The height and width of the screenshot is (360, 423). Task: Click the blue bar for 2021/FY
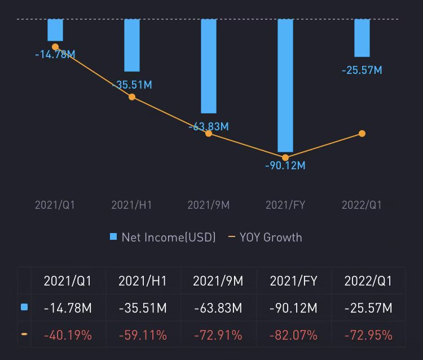pos(285,85)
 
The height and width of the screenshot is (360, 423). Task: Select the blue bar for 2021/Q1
pos(55,30)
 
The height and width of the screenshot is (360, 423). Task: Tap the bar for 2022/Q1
pos(362,38)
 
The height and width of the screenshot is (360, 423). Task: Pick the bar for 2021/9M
pos(209,66)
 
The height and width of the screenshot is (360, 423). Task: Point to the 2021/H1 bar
pos(132,45)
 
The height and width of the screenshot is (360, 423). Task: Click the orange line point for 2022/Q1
pos(362,134)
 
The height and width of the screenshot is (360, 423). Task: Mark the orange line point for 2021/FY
pos(285,157)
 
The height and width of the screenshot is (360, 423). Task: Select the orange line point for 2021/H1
pos(132,97)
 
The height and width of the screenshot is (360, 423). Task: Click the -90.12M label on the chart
pos(285,166)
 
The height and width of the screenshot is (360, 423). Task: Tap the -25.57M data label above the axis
pos(362,71)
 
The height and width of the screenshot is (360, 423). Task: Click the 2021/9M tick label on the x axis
pos(209,205)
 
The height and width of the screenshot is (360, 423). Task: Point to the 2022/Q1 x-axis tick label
pos(362,205)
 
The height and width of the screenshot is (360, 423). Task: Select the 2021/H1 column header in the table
pos(143,281)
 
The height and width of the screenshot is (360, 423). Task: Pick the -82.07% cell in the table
pos(294,336)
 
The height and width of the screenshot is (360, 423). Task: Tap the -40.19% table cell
pos(68,336)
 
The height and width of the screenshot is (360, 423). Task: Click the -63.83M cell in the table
pos(218,309)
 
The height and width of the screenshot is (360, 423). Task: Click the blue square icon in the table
pos(24,308)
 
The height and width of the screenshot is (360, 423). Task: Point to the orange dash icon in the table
pos(24,335)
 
